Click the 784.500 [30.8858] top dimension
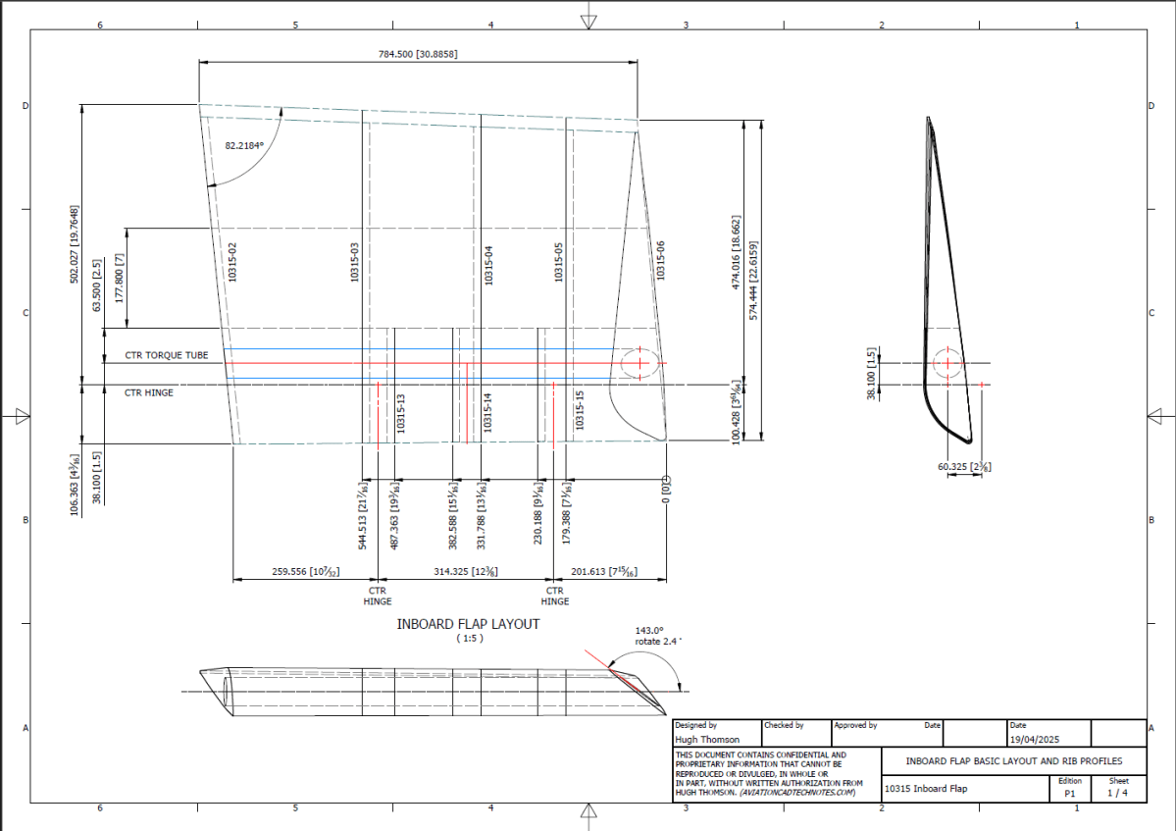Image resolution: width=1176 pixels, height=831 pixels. coord(418,54)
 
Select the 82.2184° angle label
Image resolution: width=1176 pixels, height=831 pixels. coord(245,145)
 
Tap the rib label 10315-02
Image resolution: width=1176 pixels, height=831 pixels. coord(232,263)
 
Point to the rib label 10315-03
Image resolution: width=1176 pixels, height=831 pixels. coord(355,263)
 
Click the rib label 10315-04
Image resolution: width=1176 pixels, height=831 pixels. coord(487,263)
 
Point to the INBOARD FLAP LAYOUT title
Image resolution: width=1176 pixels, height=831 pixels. coord(468,623)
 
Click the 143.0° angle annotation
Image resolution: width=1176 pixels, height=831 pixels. coord(649,630)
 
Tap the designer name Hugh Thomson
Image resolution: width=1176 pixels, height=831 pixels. coord(707,739)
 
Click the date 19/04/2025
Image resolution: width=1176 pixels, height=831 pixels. coord(1035,739)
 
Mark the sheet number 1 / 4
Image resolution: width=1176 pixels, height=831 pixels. coord(1117,792)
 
